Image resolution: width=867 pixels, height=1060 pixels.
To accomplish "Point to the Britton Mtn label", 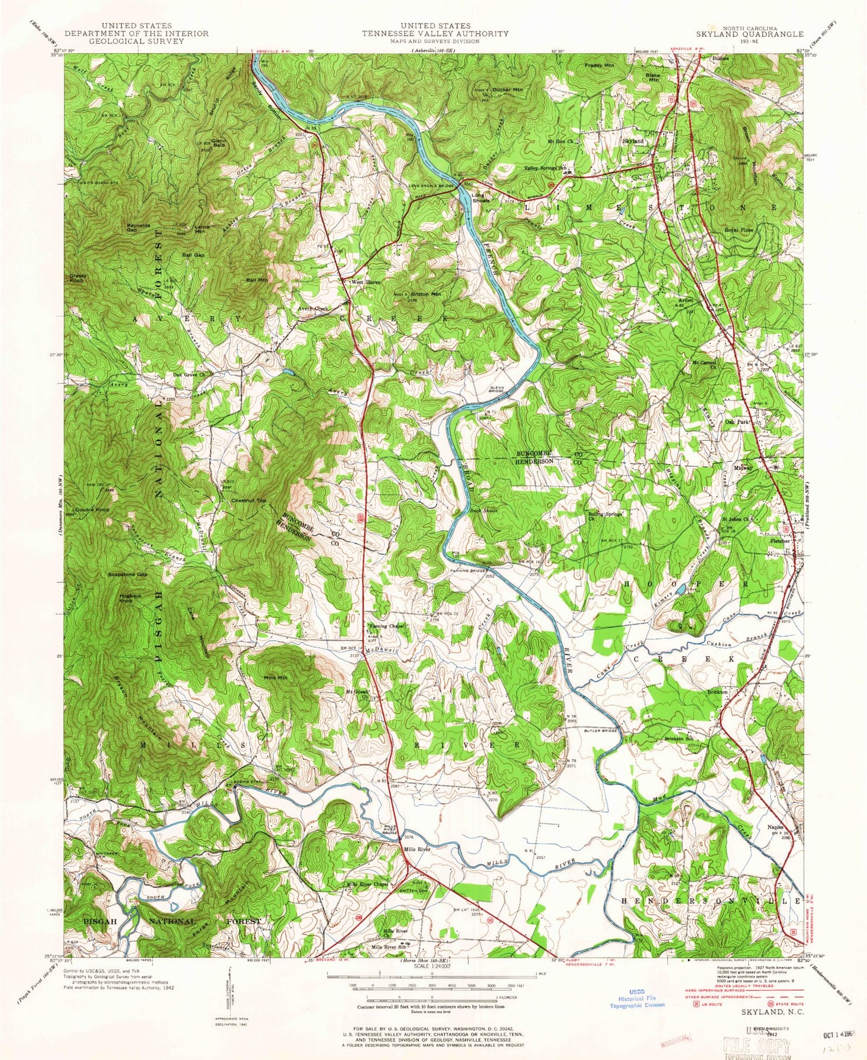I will [x=426, y=294].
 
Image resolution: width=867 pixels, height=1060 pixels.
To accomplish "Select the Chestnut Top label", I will [x=249, y=500].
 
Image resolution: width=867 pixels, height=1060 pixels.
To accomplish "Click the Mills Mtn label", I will [x=275, y=677].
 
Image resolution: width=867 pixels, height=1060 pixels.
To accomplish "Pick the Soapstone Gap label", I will [x=127, y=575].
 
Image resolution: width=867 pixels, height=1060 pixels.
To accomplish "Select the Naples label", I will [x=775, y=827].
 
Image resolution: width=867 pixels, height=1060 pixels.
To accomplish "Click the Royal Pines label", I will [x=739, y=229].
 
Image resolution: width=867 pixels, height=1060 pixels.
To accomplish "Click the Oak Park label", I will [x=737, y=422].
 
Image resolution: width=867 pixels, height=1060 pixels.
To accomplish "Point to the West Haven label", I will [x=366, y=282].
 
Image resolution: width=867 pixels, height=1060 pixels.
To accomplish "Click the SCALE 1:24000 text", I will [x=428, y=966].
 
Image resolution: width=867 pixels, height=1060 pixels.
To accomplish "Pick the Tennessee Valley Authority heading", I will [x=435, y=34].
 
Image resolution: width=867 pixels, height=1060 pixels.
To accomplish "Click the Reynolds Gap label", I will [x=139, y=227].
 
